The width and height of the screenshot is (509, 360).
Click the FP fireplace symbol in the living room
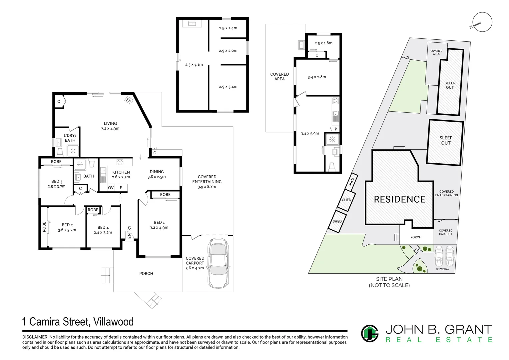tap(129, 100)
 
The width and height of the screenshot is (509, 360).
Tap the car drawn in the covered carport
tap(219, 263)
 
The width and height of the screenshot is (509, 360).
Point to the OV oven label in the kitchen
tap(111, 188)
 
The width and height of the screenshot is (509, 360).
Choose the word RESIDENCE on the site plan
tap(399, 199)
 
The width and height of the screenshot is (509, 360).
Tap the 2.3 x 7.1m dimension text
tap(194, 65)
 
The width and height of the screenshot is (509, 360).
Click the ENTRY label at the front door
tap(129, 232)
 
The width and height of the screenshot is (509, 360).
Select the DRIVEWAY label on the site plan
tap(442, 269)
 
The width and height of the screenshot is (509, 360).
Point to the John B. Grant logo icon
tap(370, 333)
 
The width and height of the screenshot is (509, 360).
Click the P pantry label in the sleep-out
tap(336, 129)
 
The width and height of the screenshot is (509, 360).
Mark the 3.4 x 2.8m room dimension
tap(317, 77)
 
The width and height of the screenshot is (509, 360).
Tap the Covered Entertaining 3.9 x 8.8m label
tap(207, 181)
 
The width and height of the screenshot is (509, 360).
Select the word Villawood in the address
tap(113, 322)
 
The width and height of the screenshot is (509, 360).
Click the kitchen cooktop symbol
tap(120, 162)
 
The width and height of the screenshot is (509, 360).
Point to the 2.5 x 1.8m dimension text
tap(323, 43)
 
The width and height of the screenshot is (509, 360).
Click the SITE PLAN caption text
tap(389, 279)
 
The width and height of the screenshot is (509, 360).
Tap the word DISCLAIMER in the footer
tap(35, 337)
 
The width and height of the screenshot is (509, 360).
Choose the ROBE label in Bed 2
tap(44, 227)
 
